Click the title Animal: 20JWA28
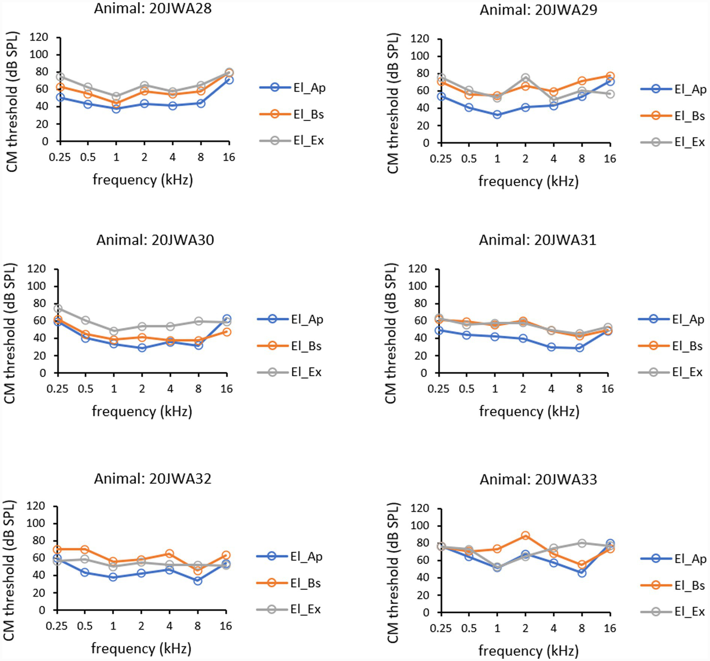[153, 9]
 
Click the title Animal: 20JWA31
[537, 240]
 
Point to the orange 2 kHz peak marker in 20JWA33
[525, 536]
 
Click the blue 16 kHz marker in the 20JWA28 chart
[228, 80]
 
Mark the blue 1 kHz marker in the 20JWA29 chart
[497, 114]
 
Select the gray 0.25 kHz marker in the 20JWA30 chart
[58, 309]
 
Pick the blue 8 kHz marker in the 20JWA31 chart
[580, 348]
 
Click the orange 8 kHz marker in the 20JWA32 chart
[198, 570]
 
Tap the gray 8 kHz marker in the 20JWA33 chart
[582, 543]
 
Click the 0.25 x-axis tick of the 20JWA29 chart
[440, 159]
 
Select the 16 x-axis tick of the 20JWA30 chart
[226, 389]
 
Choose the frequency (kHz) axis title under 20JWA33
[528, 651]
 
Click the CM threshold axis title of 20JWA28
[12, 102]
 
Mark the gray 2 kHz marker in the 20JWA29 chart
[525, 78]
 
